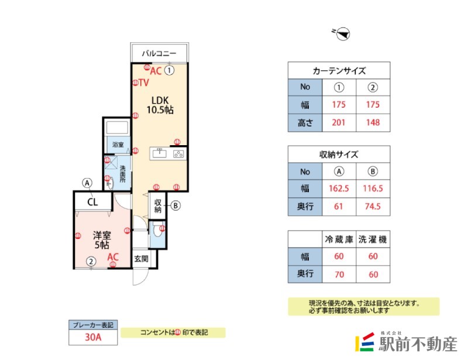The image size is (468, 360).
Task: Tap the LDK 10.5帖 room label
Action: pos(159,104)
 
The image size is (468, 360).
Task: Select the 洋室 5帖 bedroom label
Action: pos(101,240)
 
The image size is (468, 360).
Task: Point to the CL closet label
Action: pos(92,203)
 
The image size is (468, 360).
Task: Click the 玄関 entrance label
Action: pos(141,258)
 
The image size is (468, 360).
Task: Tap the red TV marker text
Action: pos(143,83)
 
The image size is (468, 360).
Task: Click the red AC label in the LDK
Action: pos(156,71)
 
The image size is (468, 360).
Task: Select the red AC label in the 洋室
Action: pos(113,256)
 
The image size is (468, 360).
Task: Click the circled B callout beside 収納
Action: pos(175,205)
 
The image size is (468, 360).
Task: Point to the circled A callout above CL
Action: pos(87,183)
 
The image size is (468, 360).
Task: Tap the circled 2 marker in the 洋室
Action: pos(91,262)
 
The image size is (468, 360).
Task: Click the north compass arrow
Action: pos(343,34)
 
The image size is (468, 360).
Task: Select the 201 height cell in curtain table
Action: pos(339,122)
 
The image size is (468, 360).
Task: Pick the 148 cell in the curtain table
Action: pos(373,122)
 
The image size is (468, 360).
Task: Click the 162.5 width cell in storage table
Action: pos(339,189)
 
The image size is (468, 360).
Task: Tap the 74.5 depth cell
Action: pos(373,207)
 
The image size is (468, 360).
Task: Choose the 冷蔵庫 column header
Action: pos(339,239)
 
